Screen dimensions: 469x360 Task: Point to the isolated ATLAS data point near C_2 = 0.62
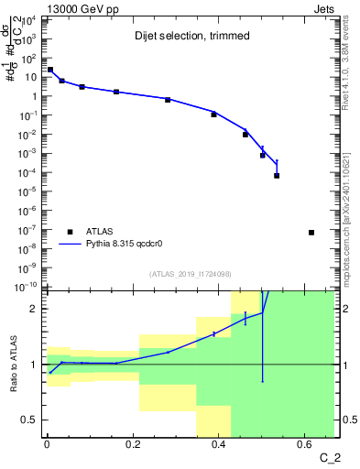click(x=311, y=233)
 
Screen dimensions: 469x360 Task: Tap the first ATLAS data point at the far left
click(x=49, y=70)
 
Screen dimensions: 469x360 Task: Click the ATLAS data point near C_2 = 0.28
click(x=168, y=99)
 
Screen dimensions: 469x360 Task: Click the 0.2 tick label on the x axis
click(x=133, y=445)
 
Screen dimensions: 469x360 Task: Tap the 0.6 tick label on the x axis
click(x=305, y=445)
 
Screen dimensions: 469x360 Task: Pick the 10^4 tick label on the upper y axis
click(x=29, y=19)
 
